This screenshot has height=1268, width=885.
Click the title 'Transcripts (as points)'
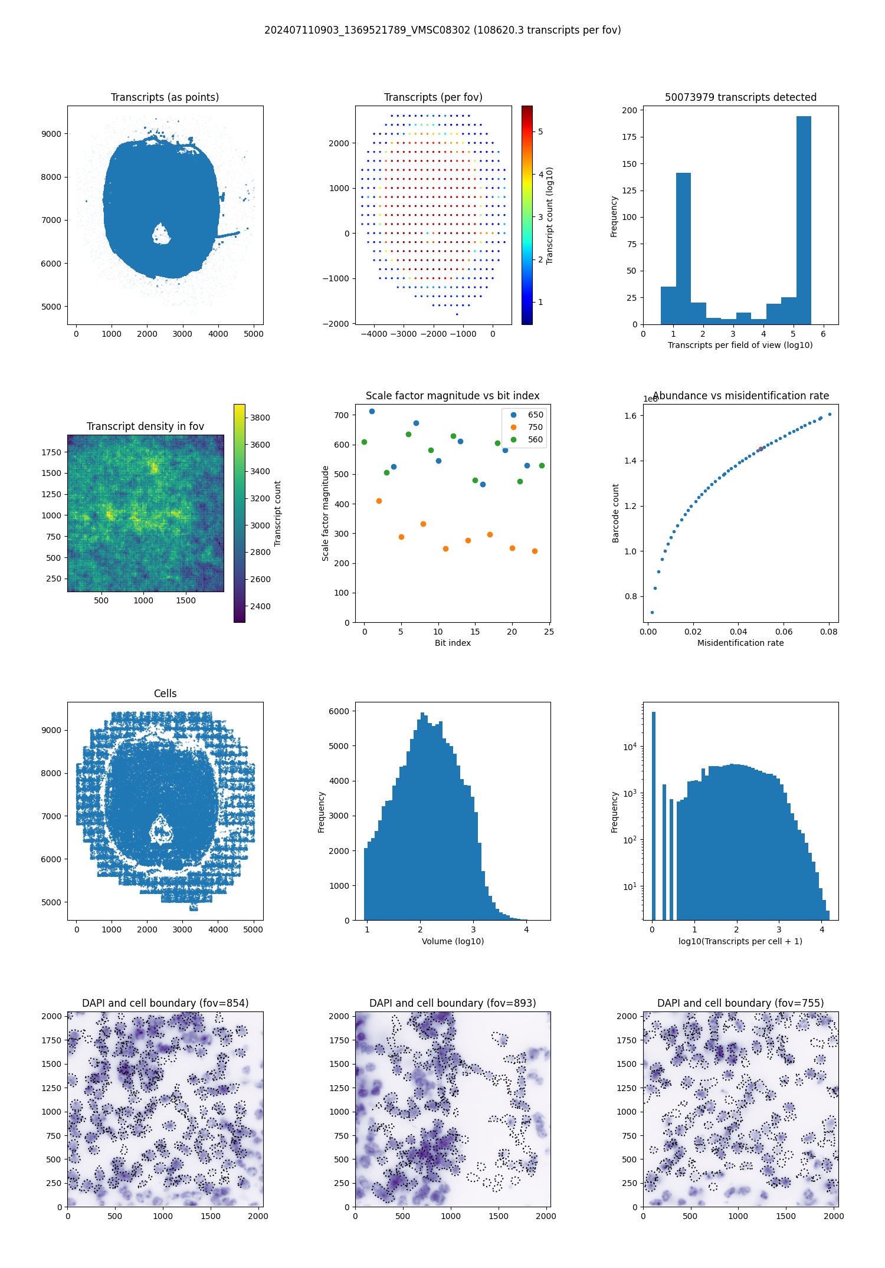click(x=165, y=97)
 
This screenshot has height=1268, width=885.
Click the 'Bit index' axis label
click(x=453, y=643)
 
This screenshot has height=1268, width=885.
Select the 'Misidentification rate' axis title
click(x=740, y=643)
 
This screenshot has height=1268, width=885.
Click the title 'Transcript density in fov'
click(x=145, y=426)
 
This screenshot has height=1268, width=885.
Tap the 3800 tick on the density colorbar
click(x=260, y=418)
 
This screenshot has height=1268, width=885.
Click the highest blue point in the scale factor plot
click(x=372, y=412)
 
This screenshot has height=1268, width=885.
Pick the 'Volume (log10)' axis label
click(x=453, y=941)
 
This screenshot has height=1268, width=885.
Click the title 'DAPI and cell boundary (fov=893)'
click(x=453, y=1003)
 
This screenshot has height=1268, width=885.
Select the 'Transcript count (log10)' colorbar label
click(x=550, y=215)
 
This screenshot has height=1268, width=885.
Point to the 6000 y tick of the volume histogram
click(x=339, y=711)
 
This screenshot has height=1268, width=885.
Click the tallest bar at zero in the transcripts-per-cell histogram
click(x=653, y=814)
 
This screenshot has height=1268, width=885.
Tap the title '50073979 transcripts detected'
click(x=740, y=97)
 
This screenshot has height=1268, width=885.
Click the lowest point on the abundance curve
click(x=652, y=612)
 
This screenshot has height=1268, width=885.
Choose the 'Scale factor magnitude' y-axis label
click(x=325, y=513)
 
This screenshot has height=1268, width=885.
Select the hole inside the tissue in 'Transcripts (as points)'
click(x=160, y=234)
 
